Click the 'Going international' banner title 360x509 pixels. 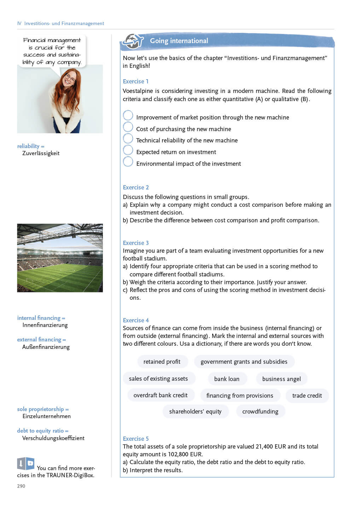(179, 41)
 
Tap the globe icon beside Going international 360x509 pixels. (133, 41)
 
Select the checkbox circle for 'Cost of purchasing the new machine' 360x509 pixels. (128, 127)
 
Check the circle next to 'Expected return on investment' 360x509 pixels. (128, 150)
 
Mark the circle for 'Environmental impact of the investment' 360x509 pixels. (128, 162)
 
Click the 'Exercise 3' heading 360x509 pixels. (136, 243)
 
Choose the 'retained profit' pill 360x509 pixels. (162, 362)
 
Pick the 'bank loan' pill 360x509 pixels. (227, 379)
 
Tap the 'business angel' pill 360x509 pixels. (281, 379)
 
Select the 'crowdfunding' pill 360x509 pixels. (260, 411)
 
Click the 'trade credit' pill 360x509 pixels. (307, 396)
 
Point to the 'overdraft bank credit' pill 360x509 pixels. (161, 395)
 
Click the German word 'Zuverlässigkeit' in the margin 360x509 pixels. (41, 153)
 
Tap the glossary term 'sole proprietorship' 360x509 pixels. (41, 409)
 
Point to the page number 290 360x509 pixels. (21, 486)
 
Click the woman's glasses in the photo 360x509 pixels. (70, 78)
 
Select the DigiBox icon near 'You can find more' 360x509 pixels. (26, 463)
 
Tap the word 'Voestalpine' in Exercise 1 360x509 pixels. (138, 91)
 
